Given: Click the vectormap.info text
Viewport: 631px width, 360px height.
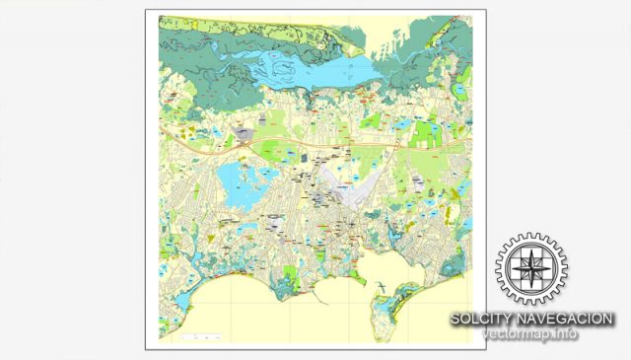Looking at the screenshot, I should tap(530, 335).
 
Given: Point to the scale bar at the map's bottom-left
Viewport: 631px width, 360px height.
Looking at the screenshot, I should tap(197, 337).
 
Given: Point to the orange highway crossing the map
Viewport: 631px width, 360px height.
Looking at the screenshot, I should tap(325, 146).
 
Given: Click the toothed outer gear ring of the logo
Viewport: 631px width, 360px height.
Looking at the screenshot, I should tap(531, 238).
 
